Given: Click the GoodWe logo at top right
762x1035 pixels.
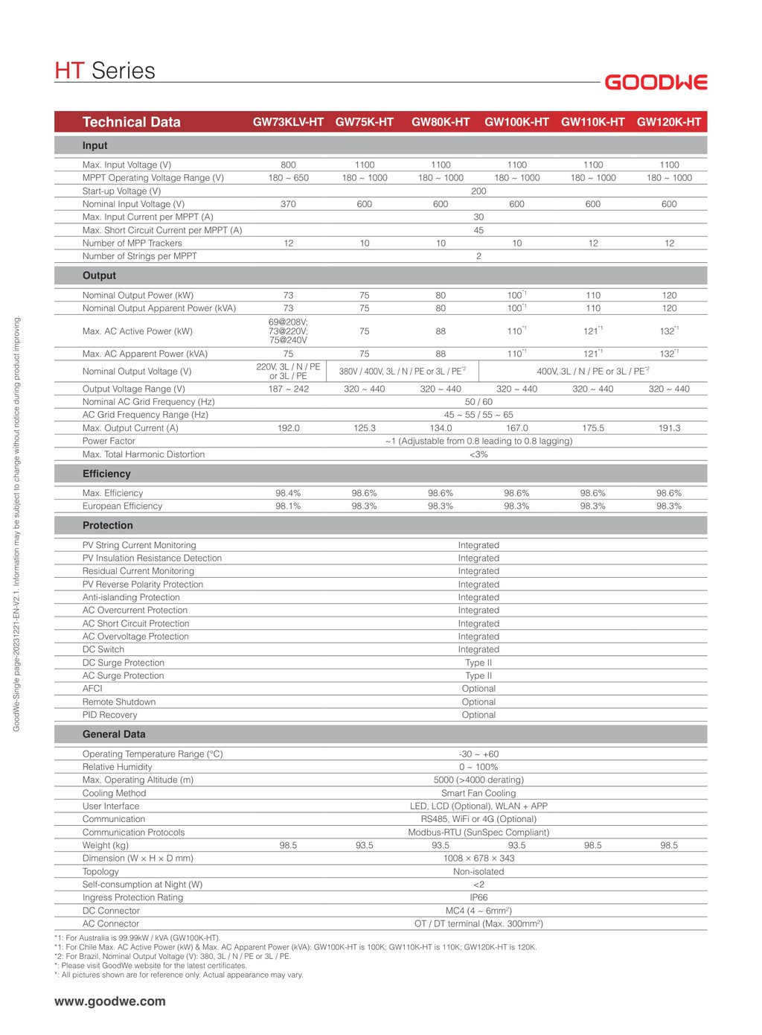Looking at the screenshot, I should [x=656, y=82].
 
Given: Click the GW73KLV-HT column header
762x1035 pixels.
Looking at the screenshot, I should [x=288, y=122].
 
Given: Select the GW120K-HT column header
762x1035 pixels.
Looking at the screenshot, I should [x=669, y=122].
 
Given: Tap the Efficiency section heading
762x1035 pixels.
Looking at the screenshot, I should [x=106, y=474].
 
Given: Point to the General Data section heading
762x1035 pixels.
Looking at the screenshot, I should [x=114, y=734].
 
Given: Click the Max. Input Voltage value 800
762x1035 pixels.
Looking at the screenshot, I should [x=288, y=165].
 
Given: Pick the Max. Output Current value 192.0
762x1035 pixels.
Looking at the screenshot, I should [x=288, y=428].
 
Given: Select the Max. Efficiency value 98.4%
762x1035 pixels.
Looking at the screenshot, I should [x=288, y=493].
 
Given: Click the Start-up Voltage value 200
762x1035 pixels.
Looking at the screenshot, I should [x=478, y=191].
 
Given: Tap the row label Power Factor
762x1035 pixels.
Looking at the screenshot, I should [x=109, y=441].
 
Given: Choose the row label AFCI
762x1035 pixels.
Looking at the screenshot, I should [x=92, y=689].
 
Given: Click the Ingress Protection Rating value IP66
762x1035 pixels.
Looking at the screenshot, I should [x=478, y=897].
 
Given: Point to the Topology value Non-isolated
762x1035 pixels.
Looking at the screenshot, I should [x=478, y=871].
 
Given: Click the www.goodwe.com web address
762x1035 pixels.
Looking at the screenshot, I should [x=110, y=1001].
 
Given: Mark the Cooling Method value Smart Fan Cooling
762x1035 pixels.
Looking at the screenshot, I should [x=478, y=793].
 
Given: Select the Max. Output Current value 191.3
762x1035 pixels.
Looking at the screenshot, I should [x=669, y=428].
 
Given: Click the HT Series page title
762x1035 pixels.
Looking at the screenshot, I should [x=105, y=71].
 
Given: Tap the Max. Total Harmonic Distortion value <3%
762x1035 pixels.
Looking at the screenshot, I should [x=478, y=454].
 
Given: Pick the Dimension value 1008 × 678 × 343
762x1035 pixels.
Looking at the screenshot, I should [x=478, y=859].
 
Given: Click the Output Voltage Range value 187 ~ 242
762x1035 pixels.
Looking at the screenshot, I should [x=288, y=389].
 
